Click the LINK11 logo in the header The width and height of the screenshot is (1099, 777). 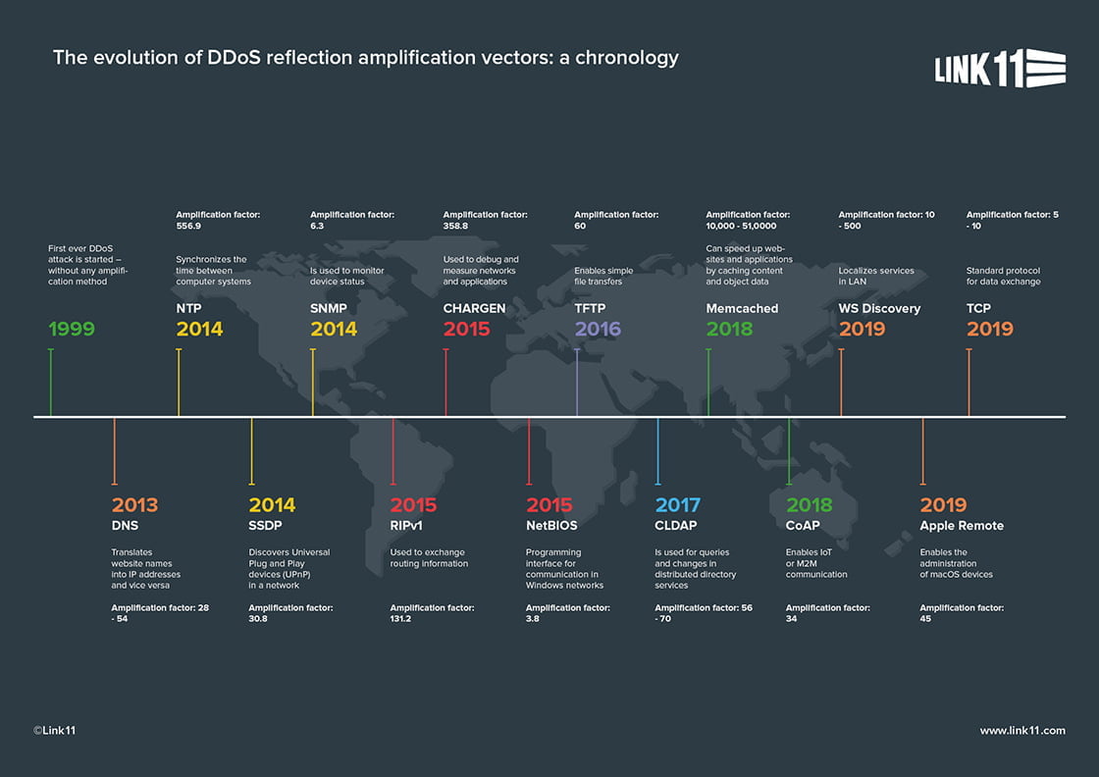coord(999,69)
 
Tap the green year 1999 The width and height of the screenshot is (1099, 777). coord(72,329)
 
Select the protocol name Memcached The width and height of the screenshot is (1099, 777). coord(742,308)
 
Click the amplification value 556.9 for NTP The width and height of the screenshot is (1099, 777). coord(188,226)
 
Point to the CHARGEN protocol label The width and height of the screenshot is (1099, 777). coord(474,308)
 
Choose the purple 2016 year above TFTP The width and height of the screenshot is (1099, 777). coord(598,329)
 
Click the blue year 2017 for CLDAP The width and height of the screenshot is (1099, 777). coord(677,505)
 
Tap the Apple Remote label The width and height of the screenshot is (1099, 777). coord(962,526)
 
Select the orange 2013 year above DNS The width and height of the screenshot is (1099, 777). coord(134,505)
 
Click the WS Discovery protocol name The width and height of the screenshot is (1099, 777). coord(879,308)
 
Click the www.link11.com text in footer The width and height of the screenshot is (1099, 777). coord(1021,731)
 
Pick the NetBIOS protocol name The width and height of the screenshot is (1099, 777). coord(551,526)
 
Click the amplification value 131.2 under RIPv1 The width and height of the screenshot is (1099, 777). coord(403,619)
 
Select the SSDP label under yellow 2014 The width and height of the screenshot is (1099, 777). coord(265,526)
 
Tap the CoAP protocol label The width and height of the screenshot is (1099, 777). coord(803,526)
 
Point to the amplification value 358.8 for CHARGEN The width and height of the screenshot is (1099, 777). coord(455,226)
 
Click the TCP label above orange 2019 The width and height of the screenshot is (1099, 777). coord(978,308)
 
